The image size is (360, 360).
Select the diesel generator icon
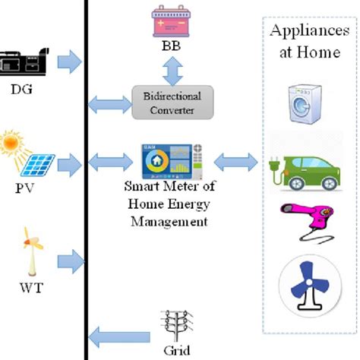coord(23,62)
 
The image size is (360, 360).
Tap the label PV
coord(23,185)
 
